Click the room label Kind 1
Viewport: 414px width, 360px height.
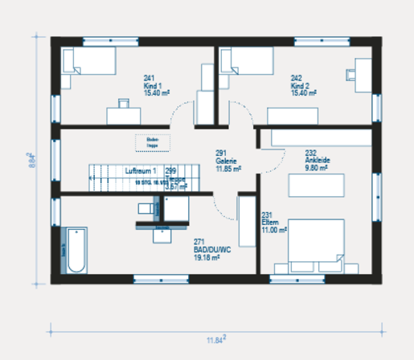point(152,86)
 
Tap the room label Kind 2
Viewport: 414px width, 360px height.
point(299,86)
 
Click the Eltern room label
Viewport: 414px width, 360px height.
point(271,223)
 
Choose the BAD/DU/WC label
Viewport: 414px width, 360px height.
point(212,250)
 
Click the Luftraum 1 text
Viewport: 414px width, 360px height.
point(139,172)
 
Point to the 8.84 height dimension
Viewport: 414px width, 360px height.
point(31,162)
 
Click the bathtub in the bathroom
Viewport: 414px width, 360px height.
point(76,250)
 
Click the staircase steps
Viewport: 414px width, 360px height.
point(109,177)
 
